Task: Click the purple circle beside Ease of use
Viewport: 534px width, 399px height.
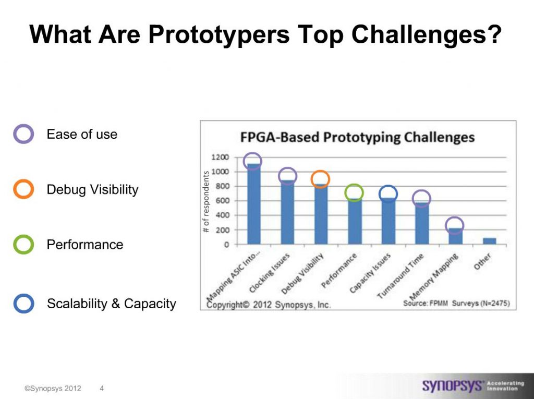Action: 23,134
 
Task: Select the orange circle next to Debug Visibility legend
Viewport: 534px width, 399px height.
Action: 23,189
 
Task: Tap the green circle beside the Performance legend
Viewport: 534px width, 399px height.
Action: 23,244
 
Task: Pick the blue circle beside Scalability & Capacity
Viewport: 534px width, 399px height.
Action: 23,304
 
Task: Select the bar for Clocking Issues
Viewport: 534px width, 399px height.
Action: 287,214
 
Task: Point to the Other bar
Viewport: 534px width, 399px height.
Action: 489,241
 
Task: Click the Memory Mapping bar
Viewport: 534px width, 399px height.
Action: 455,236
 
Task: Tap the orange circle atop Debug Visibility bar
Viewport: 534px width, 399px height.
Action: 320,179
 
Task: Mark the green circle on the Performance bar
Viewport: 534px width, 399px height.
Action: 354,193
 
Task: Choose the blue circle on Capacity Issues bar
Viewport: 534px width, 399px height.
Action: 387,194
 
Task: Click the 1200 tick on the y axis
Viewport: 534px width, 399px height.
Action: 220,157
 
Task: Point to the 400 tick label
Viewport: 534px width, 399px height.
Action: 222,215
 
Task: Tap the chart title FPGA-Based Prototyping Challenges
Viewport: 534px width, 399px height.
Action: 357,137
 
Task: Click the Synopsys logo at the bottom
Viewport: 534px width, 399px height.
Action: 452,386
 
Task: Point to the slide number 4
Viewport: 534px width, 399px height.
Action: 101,388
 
